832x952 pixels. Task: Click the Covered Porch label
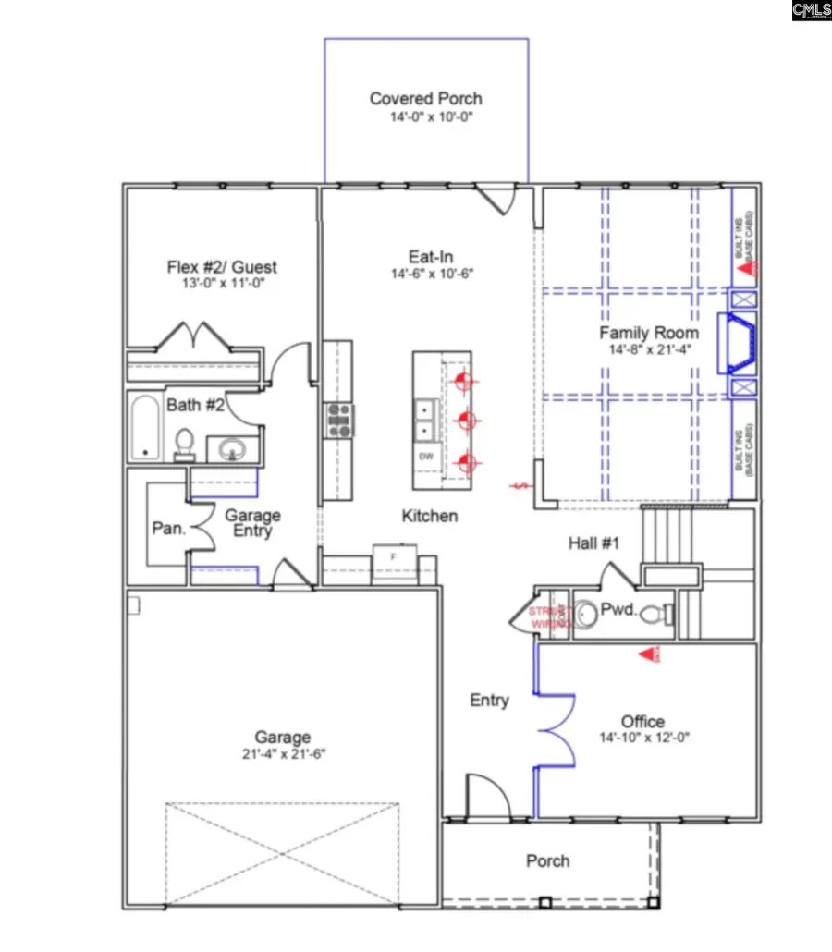click(425, 99)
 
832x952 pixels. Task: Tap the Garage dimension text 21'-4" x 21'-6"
click(283, 753)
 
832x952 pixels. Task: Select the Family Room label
click(648, 333)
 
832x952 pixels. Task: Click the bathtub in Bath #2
click(145, 427)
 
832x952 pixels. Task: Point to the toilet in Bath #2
click(184, 445)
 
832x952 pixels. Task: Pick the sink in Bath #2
click(228, 450)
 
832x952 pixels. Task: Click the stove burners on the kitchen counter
click(337, 420)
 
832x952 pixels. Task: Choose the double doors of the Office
click(555, 730)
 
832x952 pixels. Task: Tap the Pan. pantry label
click(169, 530)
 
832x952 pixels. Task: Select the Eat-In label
click(430, 257)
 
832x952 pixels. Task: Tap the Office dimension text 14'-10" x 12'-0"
click(643, 738)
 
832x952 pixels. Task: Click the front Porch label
click(547, 860)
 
